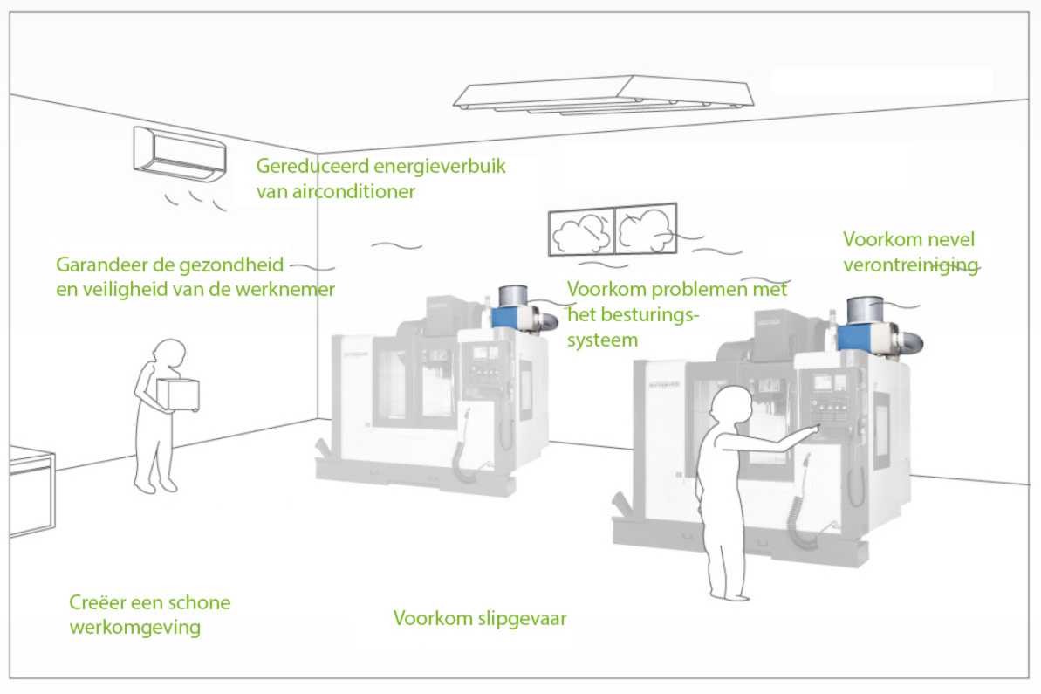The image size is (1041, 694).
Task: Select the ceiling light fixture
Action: pos(602,94)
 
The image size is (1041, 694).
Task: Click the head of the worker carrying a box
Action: pos(169,353)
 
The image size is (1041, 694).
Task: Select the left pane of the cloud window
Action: pos(581,231)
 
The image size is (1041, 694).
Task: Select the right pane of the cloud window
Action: pos(646,229)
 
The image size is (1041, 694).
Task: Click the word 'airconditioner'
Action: pos(335,190)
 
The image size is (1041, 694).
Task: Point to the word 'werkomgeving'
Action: pos(134,628)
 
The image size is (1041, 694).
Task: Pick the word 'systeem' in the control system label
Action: pos(602,339)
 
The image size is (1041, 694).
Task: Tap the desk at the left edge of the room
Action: pos(31,489)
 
